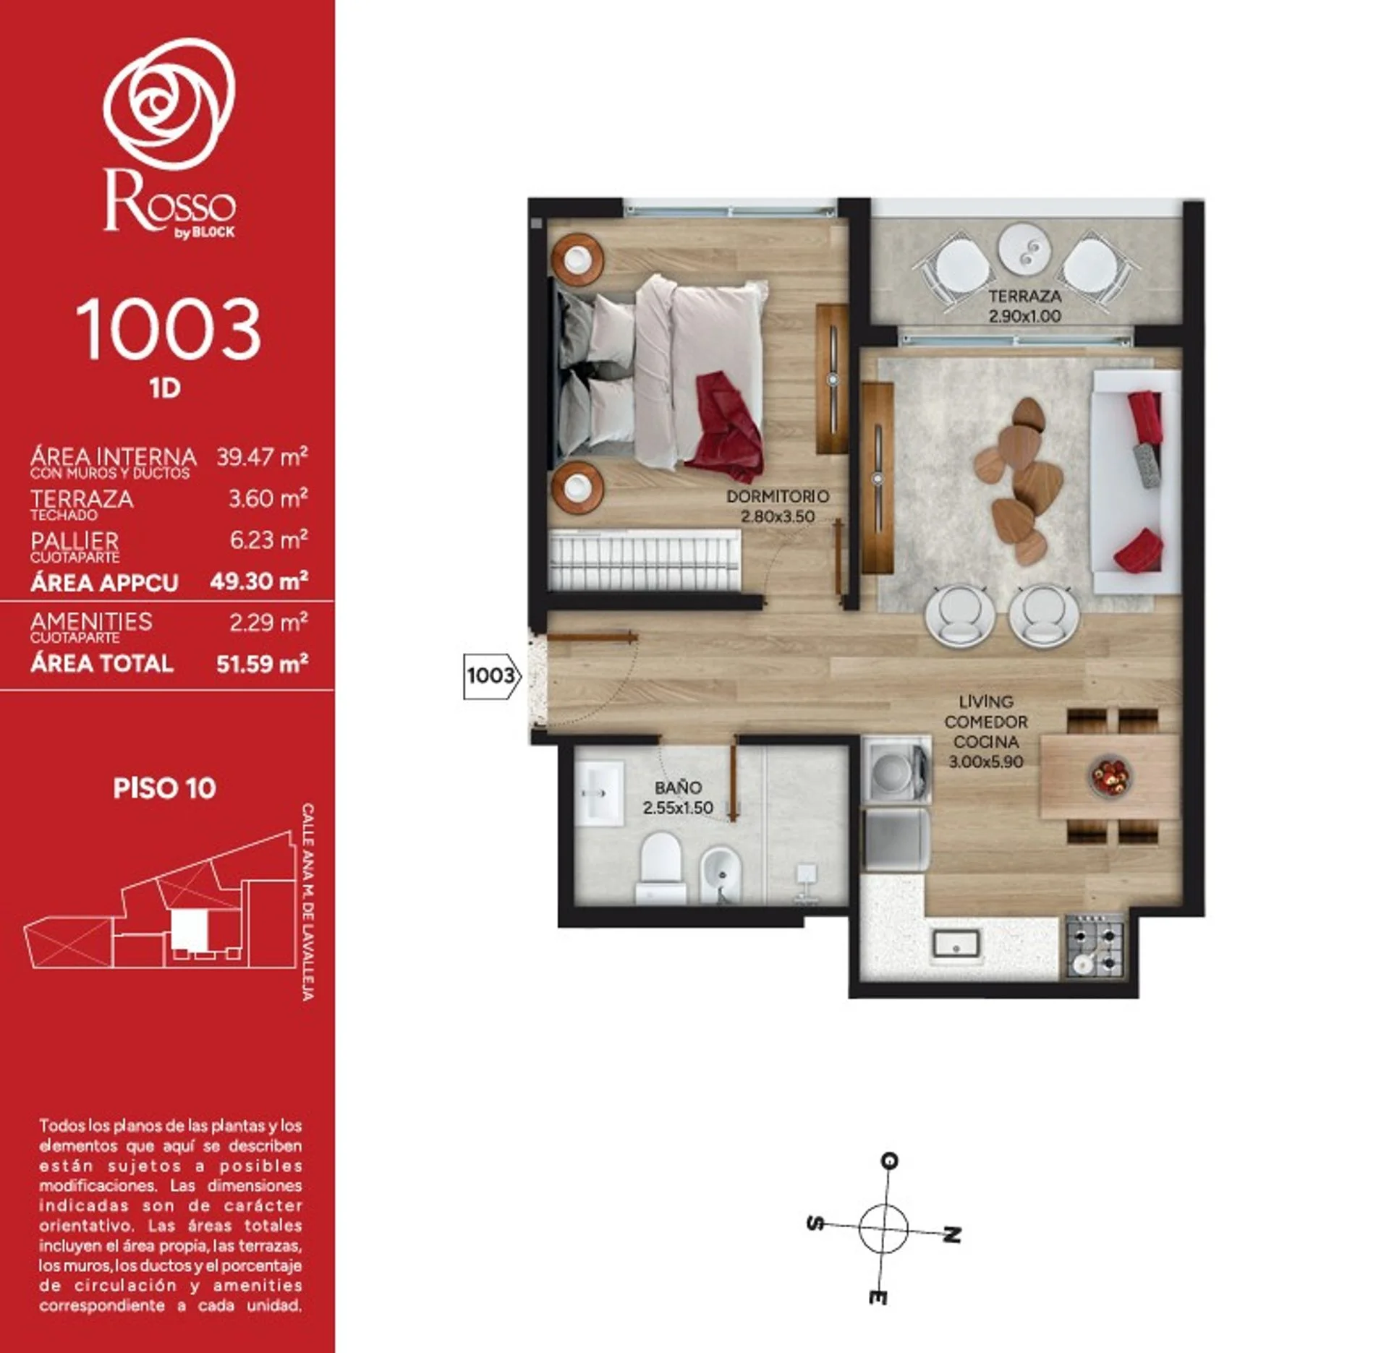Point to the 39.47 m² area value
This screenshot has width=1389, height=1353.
tap(262, 456)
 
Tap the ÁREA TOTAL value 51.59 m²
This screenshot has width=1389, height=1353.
tap(262, 663)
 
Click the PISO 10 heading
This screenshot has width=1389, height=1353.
tap(165, 788)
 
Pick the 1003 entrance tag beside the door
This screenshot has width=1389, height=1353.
tap(492, 675)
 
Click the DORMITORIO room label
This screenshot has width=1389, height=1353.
tap(778, 497)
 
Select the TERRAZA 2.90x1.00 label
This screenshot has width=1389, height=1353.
tap(1025, 306)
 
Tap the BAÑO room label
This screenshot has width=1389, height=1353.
tap(678, 788)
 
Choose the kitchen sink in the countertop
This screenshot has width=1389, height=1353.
tap(956, 943)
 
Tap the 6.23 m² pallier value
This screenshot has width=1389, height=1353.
tap(268, 539)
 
